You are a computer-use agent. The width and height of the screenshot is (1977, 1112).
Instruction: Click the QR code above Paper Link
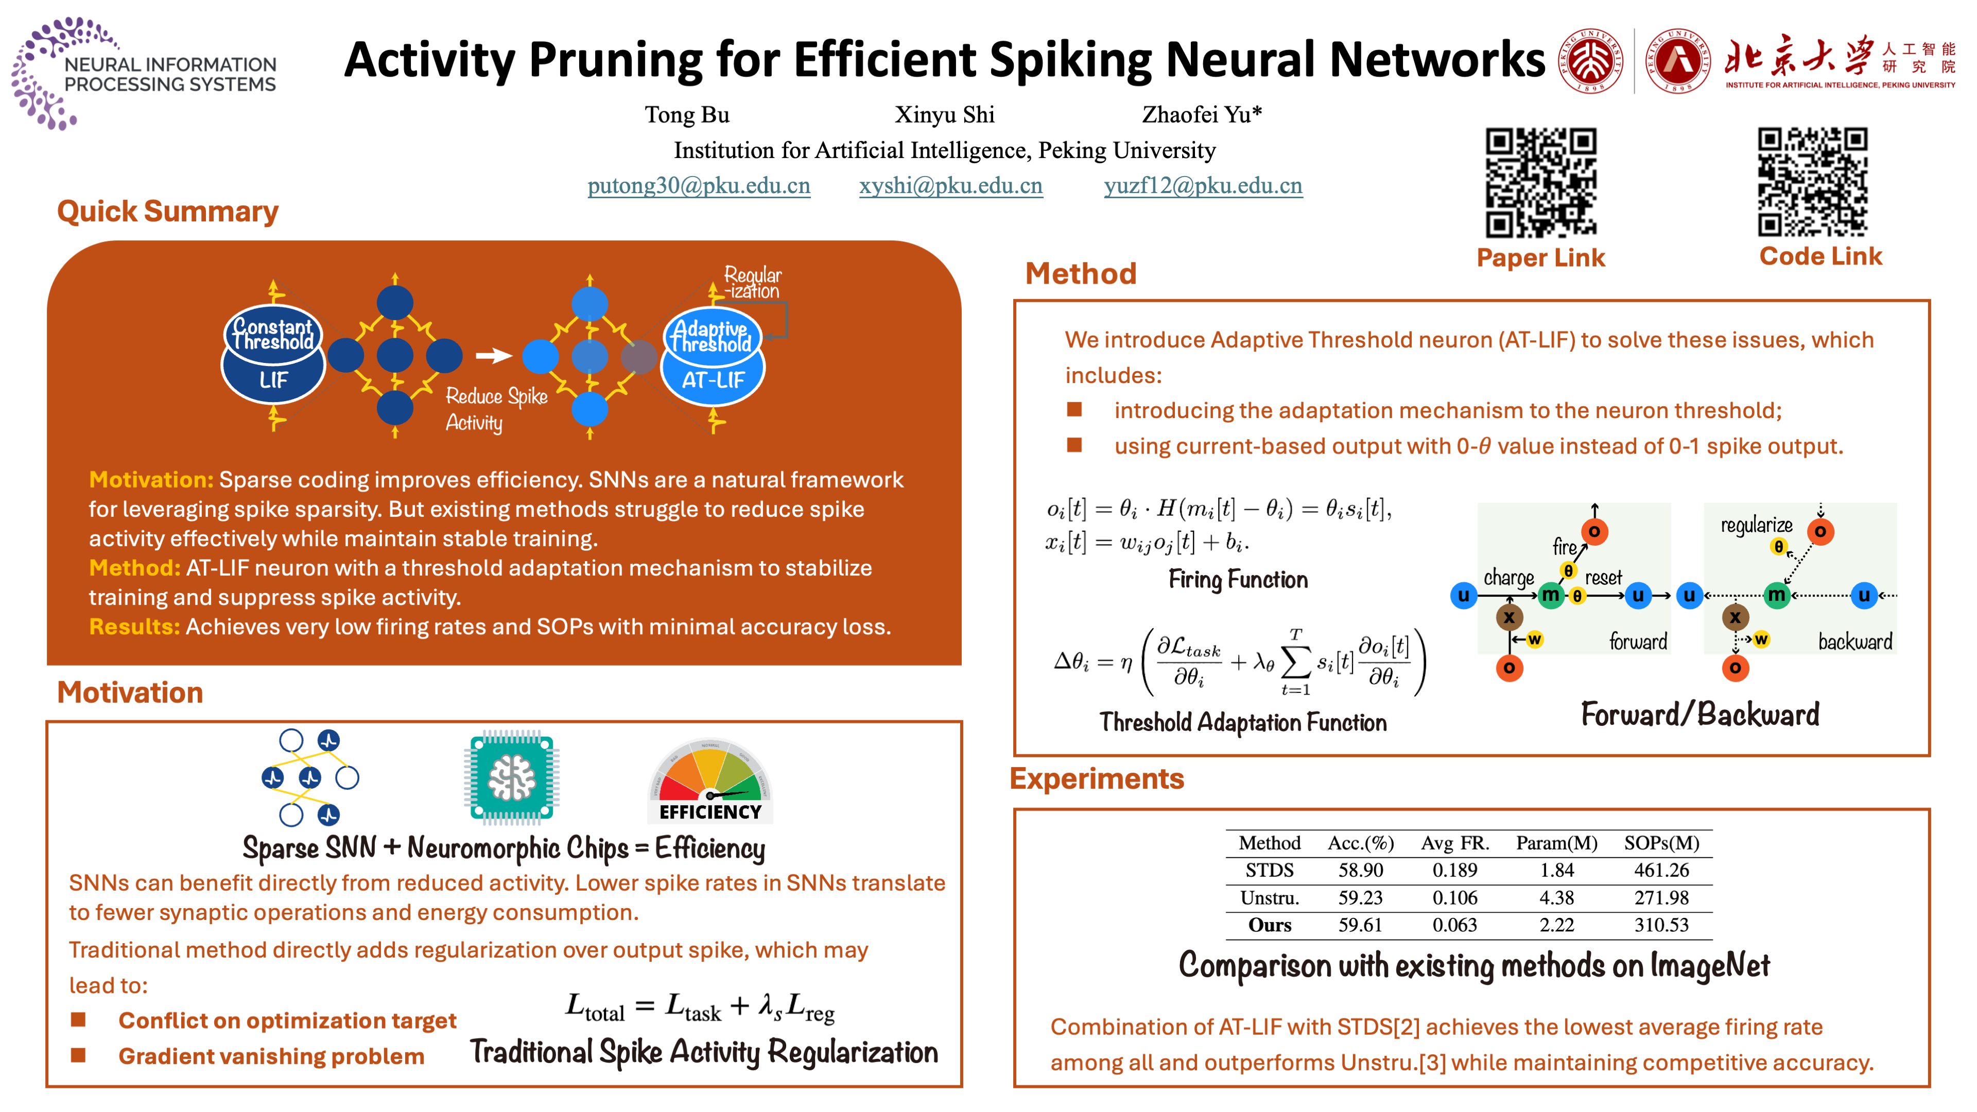[1540, 183]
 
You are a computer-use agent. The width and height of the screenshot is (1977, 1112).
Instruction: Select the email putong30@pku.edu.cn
[699, 186]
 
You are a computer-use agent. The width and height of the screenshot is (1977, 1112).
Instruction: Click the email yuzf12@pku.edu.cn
[1203, 186]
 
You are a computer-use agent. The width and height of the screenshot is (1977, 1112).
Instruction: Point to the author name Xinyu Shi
[944, 115]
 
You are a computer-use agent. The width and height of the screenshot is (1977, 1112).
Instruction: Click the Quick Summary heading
[167, 211]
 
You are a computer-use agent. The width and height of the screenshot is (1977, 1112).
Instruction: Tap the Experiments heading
[1097, 779]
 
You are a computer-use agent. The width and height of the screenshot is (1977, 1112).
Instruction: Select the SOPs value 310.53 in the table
[1661, 925]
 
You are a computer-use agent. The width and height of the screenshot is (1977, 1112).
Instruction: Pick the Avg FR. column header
[1454, 843]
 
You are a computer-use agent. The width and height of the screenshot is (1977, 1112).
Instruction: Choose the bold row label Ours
[1270, 925]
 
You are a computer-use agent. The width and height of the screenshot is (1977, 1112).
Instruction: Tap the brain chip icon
[512, 777]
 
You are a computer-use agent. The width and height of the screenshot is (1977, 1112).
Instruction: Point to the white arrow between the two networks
[494, 355]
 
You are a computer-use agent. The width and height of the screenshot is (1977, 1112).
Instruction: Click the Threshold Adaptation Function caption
[1242, 722]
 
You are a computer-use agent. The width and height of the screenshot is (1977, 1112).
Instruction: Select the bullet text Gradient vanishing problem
[271, 1057]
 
